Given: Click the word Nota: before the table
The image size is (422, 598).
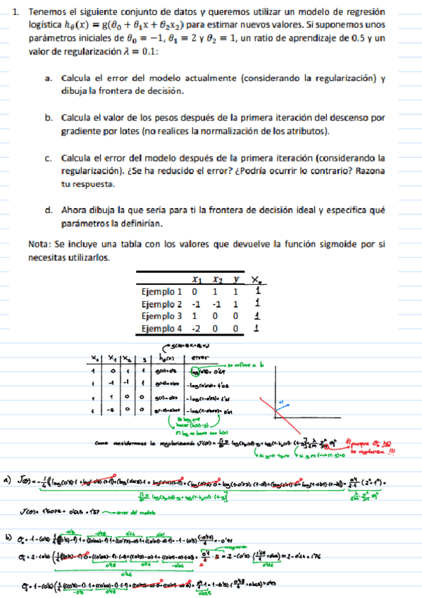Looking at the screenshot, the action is pyautogui.click(x=41, y=244).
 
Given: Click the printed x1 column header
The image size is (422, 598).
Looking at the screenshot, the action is pyautogui.click(x=196, y=279).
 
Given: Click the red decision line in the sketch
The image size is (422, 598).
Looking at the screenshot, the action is pyautogui.click(x=279, y=413).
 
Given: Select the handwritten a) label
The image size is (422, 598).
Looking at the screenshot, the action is pyautogui.click(x=8, y=482).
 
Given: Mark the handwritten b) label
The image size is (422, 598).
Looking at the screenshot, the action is pyautogui.click(x=8, y=538).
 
